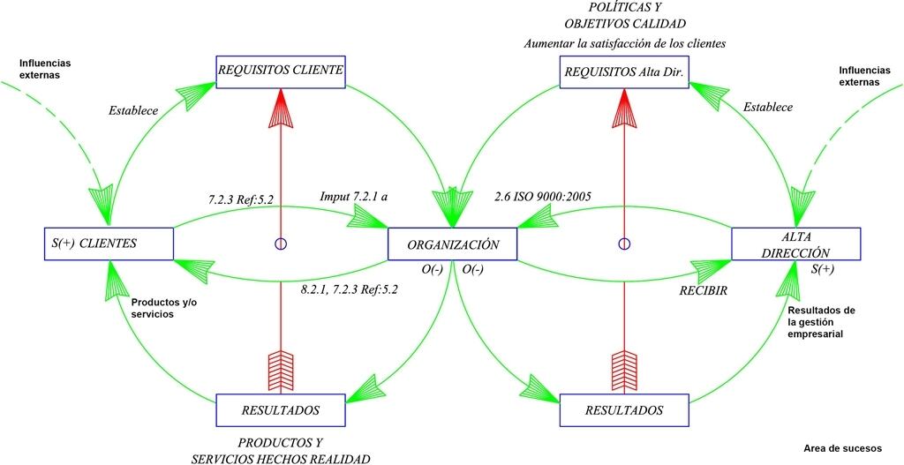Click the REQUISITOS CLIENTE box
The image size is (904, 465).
(x=280, y=71)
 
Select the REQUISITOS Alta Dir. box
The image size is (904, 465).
(x=623, y=71)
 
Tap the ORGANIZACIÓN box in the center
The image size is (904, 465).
(x=453, y=244)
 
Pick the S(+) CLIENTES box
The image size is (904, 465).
(x=108, y=244)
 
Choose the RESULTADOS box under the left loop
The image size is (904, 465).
(x=280, y=410)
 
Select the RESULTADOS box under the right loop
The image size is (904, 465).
(x=623, y=410)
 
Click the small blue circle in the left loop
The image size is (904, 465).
(x=281, y=244)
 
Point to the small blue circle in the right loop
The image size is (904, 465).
(x=624, y=244)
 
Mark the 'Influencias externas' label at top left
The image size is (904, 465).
(x=45, y=69)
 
